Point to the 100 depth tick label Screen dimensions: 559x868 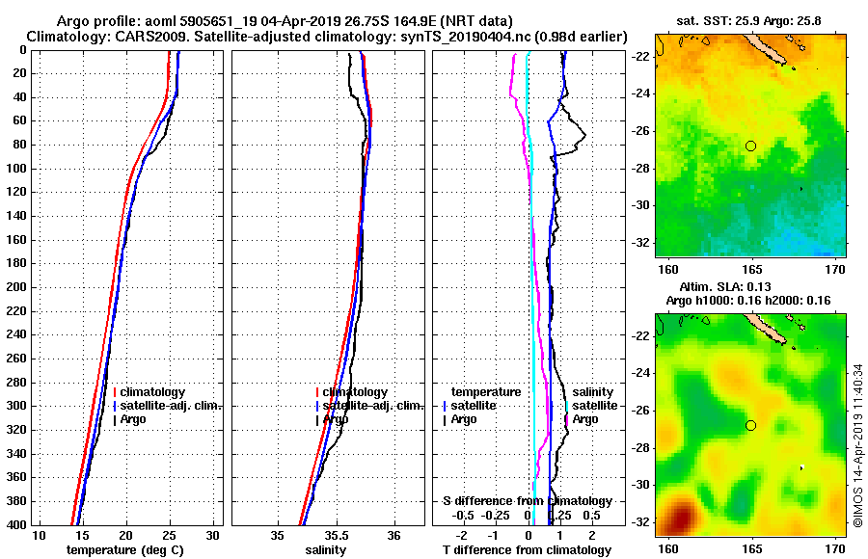click(16, 169)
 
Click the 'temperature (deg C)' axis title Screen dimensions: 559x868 click(124, 550)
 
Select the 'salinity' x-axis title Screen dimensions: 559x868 click(326, 550)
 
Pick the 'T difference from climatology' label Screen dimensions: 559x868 click(527, 550)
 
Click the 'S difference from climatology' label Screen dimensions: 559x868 click(527, 501)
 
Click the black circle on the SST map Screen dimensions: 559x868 click(750, 146)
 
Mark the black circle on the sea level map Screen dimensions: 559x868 click(750, 425)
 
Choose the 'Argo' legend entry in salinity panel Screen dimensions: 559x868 click(336, 419)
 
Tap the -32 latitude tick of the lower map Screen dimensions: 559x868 click(644, 521)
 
